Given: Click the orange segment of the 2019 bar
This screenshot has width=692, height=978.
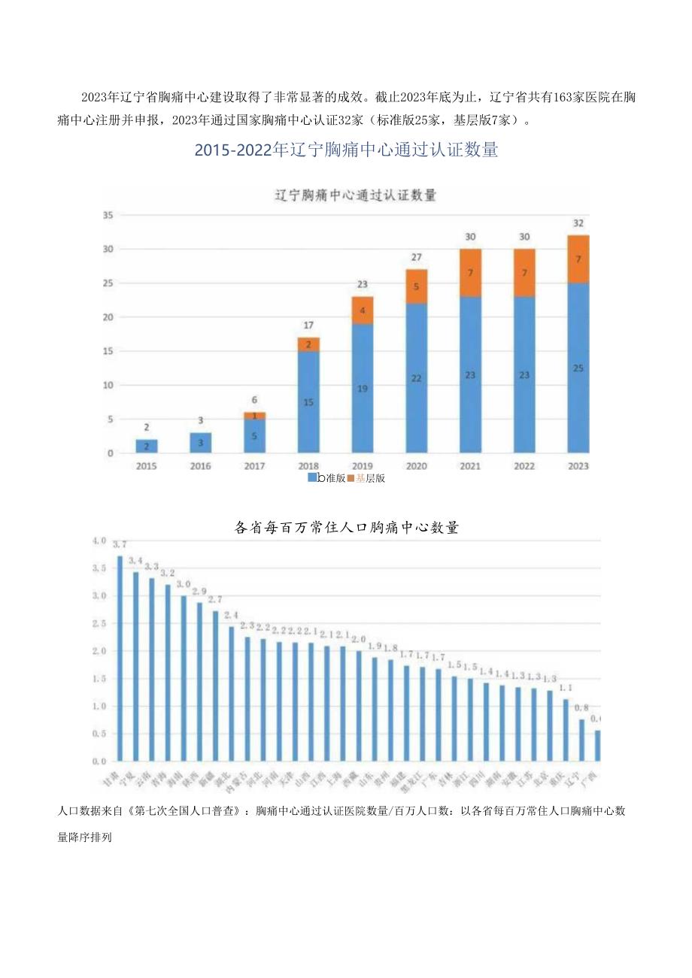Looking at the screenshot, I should [x=362, y=310].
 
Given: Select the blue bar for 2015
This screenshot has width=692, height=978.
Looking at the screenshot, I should [x=147, y=446].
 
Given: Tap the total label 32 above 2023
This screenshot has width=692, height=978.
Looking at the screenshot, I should [x=578, y=223].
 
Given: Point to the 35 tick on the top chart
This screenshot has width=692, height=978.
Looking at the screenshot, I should [x=107, y=215].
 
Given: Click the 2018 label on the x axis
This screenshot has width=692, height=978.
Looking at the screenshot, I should [x=308, y=466].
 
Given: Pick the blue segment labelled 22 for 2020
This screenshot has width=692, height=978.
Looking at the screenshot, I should [x=416, y=378].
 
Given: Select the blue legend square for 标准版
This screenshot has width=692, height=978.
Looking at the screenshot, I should [x=312, y=477].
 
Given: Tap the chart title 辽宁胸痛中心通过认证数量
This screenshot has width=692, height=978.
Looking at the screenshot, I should [x=354, y=195].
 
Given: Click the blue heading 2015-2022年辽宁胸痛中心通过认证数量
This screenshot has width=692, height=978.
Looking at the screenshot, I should [x=346, y=150].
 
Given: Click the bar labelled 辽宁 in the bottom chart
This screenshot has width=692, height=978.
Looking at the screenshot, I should [x=581, y=740].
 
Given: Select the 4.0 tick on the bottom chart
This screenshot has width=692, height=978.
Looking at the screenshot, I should [x=99, y=540].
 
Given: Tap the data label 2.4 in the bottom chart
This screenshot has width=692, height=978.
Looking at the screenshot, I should [x=232, y=615].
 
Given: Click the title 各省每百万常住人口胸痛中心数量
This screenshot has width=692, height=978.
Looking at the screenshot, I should [x=346, y=528].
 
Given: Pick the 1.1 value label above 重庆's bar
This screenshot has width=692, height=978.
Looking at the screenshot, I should [x=566, y=688].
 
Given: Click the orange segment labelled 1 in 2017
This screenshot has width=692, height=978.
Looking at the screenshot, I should [x=254, y=416].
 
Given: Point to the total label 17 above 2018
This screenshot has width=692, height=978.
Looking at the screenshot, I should [x=308, y=325].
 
